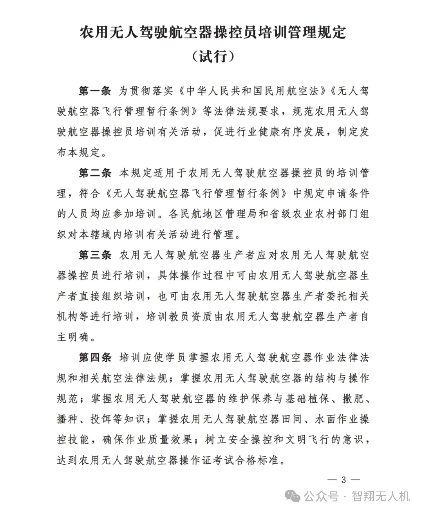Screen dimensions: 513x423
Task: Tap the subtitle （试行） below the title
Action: tap(213, 56)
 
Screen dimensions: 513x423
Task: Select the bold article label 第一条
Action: tap(95, 91)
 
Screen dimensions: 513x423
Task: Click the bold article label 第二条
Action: tap(95, 173)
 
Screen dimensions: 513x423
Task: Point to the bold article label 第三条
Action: tap(95, 255)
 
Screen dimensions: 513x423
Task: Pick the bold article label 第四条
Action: tap(95, 357)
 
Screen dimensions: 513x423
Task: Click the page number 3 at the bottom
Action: tap(344, 480)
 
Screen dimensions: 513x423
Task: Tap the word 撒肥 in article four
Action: tap(352, 399)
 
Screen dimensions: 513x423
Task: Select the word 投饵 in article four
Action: tap(102, 419)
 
